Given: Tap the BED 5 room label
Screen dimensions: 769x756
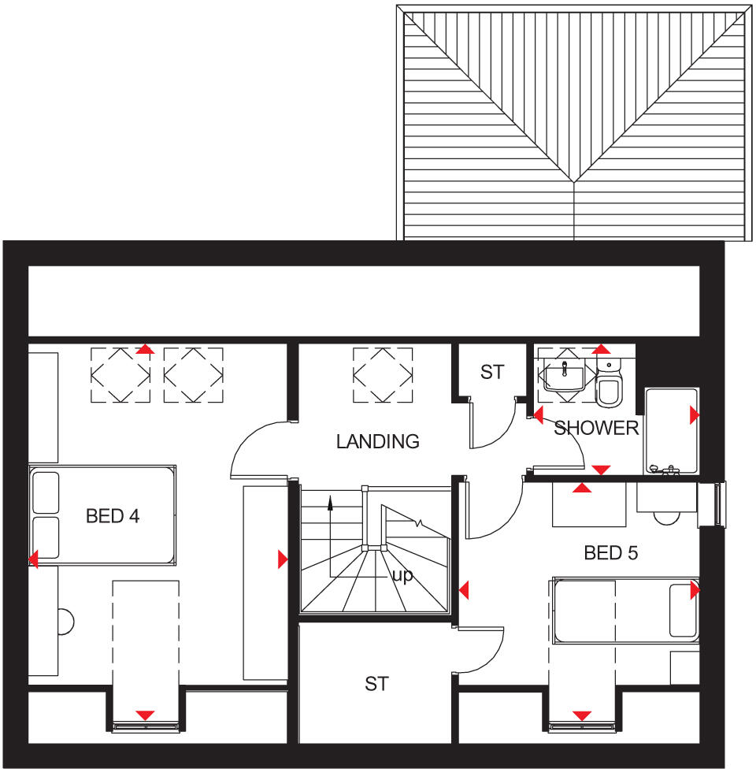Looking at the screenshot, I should (610, 553).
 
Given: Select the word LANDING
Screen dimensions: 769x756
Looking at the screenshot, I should (378, 441).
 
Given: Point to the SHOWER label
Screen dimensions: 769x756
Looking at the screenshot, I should (596, 428).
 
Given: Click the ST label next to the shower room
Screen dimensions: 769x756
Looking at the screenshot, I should (491, 372).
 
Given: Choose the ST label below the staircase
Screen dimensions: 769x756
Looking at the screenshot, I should (376, 684).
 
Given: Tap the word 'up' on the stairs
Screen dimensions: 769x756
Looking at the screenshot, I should (402, 575).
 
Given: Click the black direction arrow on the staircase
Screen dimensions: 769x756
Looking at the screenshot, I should (330, 504).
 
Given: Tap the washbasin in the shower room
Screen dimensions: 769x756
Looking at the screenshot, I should (565, 375).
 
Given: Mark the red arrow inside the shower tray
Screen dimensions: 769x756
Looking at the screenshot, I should (694, 414).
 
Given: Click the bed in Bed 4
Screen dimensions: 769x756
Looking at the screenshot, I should (102, 515).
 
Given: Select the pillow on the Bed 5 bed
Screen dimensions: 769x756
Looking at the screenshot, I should (683, 610).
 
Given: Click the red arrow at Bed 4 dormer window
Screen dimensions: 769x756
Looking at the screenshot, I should (145, 715).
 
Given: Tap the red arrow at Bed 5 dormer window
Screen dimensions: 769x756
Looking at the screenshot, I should (582, 715).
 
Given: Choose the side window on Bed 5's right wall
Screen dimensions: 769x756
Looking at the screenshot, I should (719, 504).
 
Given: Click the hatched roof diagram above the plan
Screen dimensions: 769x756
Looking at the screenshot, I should (575, 122).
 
